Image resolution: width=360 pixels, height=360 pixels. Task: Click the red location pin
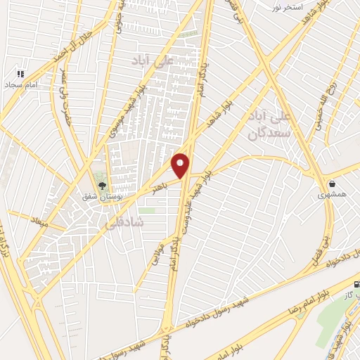tap(181, 165)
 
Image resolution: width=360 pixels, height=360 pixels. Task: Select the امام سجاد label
tap(22, 84)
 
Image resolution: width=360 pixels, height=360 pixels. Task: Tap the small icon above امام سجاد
tap(21, 73)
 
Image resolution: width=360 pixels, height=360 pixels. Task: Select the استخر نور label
tap(288, 6)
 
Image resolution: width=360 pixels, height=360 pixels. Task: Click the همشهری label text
tap(331, 195)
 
